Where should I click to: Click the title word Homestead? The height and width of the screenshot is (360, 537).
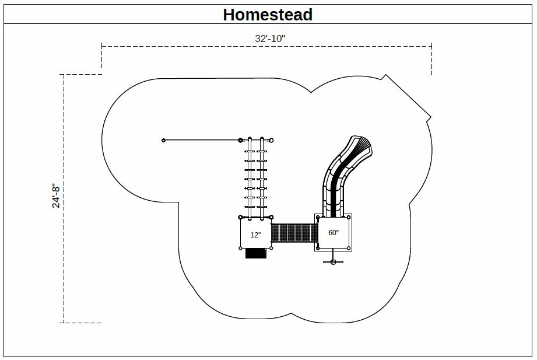pyautogui.click(x=268, y=15)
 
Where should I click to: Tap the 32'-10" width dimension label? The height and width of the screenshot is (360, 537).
pyautogui.click(x=270, y=39)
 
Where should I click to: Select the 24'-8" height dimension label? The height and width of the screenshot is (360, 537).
pyautogui.click(x=56, y=196)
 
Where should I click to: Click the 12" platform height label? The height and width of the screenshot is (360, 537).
pyautogui.click(x=255, y=235)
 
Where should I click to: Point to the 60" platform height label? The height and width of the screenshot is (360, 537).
pyautogui.click(x=334, y=232)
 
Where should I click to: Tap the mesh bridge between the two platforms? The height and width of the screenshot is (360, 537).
pyautogui.click(x=293, y=232)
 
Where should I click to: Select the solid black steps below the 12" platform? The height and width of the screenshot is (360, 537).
pyautogui.click(x=256, y=253)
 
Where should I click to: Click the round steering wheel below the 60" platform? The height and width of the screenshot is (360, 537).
pyautogui.click(x=334, y=263)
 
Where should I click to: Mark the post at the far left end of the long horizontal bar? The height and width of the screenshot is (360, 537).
pyautogui.click(x=164, y=140)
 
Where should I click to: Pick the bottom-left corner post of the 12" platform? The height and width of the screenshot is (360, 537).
pyautogui.click(x=240, y=248)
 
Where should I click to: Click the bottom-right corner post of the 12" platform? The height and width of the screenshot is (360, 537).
pyautogui.click(x=271, y=248)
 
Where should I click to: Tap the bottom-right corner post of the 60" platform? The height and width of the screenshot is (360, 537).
pyautogui.click(x=349, y=248)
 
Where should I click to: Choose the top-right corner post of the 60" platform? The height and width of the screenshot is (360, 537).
pyautogui.click(x=349, y=217)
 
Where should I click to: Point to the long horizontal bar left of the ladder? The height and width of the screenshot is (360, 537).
pyautogui.click(x=202, y=140)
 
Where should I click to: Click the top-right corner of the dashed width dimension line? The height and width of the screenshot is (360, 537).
pyautogui.click(x=431, y=46)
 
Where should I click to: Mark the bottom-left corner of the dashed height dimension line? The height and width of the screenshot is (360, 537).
pyautogui.click(x=64, y=323)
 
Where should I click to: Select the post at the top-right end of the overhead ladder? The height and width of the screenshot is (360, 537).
pyautogui.click(x=271, y=140)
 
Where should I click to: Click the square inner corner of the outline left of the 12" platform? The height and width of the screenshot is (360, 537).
pyautogui.click(x=179, y=202)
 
